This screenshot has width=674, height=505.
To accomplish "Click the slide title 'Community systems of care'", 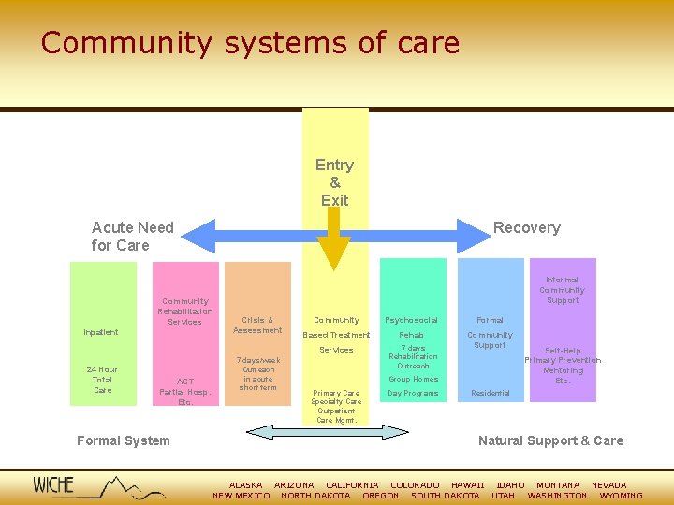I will click(x=250, y=43).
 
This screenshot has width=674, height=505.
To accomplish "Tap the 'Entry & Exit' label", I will click(x=334, y=182).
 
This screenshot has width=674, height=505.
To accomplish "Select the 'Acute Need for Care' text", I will click(x=132, y=236).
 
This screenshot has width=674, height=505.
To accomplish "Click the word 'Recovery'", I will click(x=526, y=227).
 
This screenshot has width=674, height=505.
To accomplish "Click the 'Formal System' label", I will click(x=124, y=440).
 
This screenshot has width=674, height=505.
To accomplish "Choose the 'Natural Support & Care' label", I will click(x=550, y=440).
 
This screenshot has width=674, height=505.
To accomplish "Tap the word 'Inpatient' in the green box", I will click(x=101, y=332).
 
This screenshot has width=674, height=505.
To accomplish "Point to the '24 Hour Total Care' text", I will click(x=103, y=379).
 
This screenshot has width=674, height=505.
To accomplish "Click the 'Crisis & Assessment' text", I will click(x=257, y=325).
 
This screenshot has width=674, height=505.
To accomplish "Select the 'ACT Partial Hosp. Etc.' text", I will click(x=185, y=391).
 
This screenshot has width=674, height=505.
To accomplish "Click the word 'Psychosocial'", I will click(x=412, y=320).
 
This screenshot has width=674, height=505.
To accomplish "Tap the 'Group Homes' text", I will click(x=413, y=379).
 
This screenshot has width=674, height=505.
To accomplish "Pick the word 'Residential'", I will click(x=490, y=393).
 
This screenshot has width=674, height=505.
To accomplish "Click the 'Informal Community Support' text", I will click(x=563, y=290).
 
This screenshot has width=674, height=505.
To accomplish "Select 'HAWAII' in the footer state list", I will click(x=467, y=485).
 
